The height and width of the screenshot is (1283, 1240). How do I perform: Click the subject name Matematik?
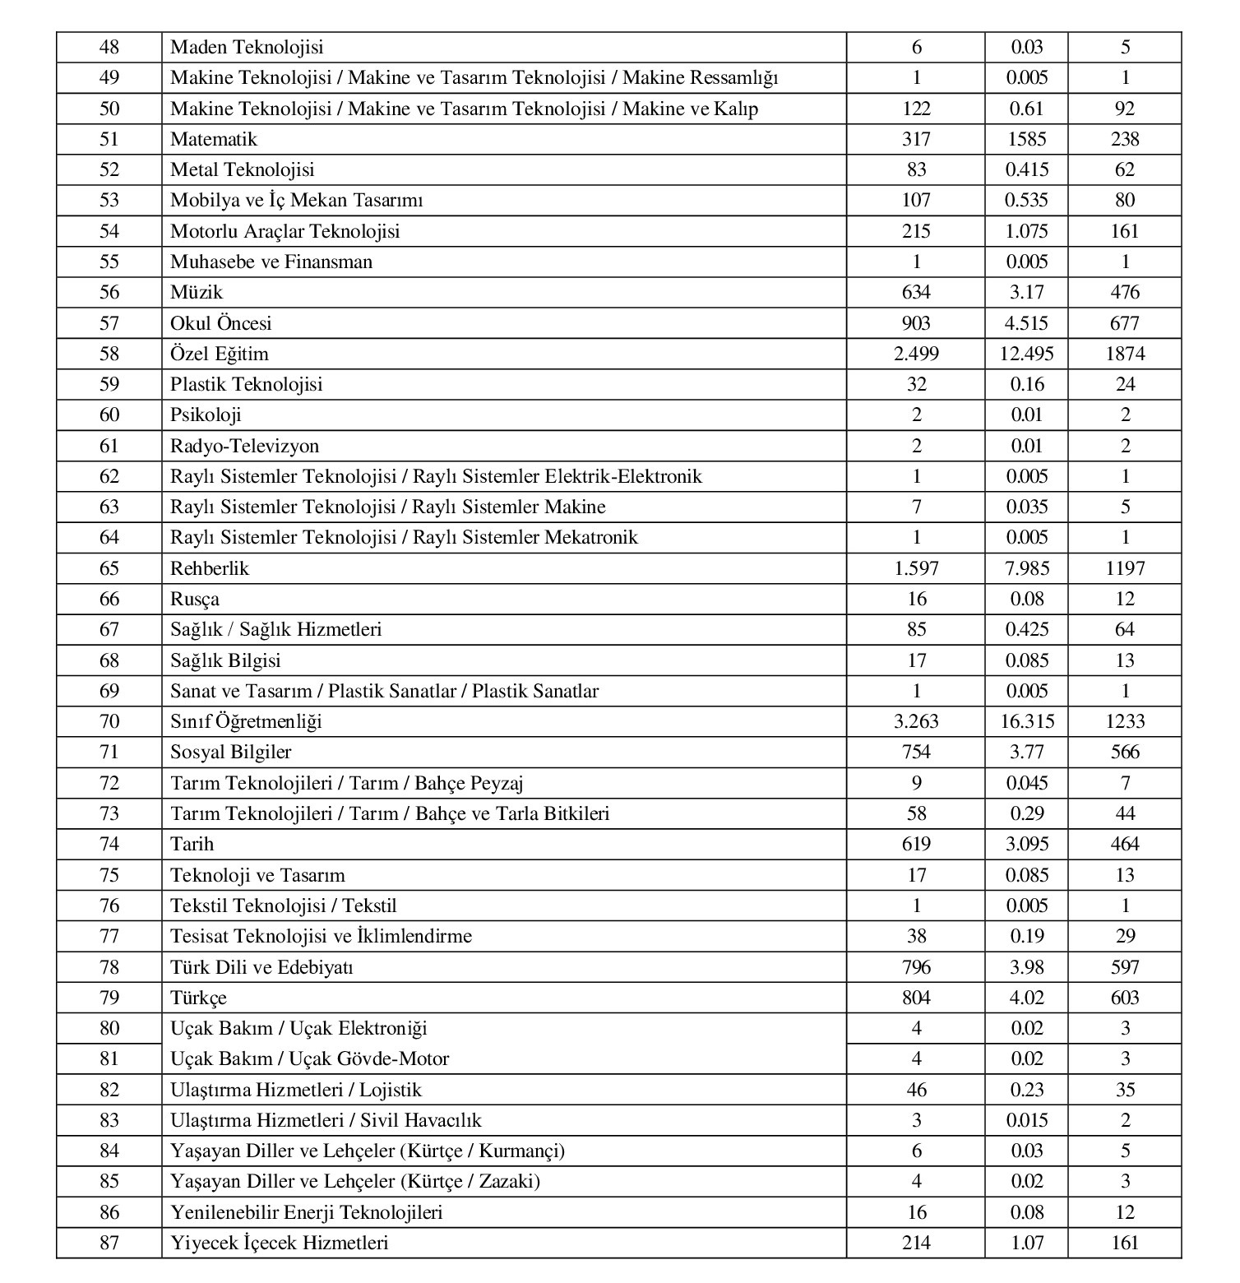coord(214,140)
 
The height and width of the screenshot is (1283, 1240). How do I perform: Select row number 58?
coord(109,354)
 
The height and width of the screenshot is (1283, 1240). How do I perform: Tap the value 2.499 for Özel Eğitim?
coord(916,354)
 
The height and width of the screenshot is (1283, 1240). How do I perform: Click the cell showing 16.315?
coord(1027,722)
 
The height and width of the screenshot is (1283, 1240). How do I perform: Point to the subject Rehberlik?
coord(210,569)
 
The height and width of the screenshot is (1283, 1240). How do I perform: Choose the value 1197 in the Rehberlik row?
coord(1125,569)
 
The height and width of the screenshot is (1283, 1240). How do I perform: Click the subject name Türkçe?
coord(198,998)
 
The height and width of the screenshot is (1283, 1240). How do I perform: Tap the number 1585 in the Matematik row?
coord(1027,140)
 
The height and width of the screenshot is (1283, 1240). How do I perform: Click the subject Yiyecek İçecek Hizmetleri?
coord(280,1244)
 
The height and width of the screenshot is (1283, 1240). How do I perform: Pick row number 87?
coord(109,1244)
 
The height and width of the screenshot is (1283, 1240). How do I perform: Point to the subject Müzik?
coord(197,293)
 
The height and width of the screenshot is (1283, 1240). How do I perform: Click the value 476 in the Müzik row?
coord(1125,293)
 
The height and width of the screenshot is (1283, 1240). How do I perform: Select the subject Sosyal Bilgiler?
coord(231,753)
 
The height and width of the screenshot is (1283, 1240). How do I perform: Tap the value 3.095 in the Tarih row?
coord(1027,845)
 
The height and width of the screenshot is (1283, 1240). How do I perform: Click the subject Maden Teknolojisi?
coord(247,48)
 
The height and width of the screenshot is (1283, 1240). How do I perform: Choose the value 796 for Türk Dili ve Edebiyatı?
coord(916,967)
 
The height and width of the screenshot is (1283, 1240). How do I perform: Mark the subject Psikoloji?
coord(206,415)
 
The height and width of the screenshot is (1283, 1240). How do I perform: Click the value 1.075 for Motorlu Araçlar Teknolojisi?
coord(1027,232)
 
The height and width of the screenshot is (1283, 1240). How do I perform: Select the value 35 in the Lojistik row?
coord(1125,1091)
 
